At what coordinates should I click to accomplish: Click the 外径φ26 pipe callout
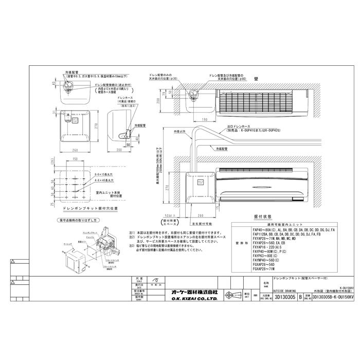[179, 131]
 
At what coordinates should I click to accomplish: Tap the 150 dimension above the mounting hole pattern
[75, 160]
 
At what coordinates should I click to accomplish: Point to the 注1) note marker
[132, 232]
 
